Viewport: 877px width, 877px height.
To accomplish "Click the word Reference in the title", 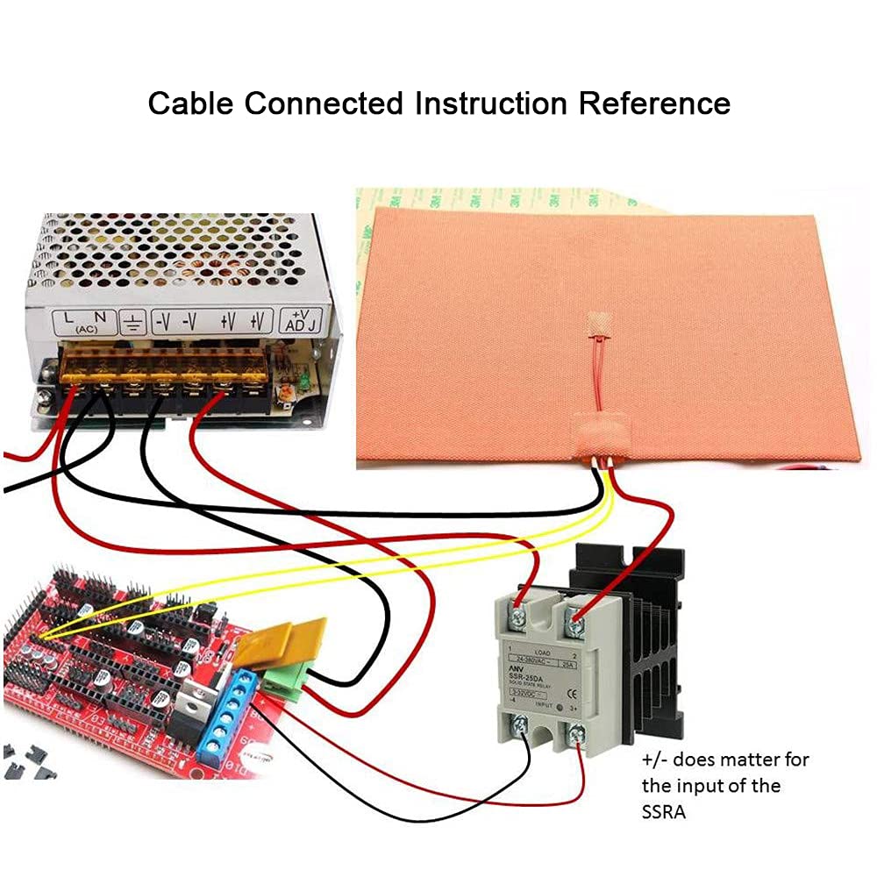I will (653, 103).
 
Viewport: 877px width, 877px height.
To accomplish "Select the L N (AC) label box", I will (86, 322).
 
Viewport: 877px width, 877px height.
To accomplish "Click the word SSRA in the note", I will (663, 811).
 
